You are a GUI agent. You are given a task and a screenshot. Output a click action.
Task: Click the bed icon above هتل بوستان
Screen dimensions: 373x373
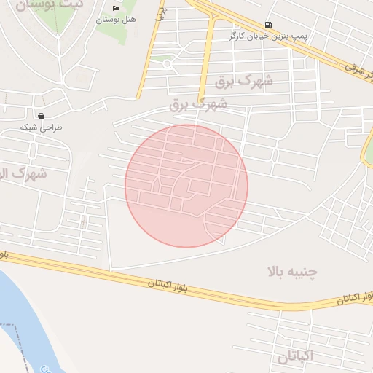pos(116,9)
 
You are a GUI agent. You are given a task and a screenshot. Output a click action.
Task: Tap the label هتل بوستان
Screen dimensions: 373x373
pos(116,20)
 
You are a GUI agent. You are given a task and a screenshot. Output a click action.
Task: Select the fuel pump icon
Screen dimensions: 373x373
pos(270,24)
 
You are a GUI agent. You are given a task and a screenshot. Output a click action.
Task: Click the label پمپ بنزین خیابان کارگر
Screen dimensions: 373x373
pos(268,36)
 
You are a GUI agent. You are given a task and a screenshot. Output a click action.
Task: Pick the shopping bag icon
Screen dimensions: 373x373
pos(41,115)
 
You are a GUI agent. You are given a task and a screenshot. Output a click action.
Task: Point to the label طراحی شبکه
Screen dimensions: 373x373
pos(41,127)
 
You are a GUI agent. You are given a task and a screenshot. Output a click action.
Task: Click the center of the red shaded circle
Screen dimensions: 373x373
pos(186,186)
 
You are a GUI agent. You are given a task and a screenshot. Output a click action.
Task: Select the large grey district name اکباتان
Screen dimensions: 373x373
pos(295,357)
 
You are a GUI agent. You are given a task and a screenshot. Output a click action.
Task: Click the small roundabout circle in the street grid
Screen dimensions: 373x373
pos(168,64)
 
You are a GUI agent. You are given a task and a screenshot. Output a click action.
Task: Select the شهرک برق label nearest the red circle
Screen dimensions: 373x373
pos(198,105)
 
